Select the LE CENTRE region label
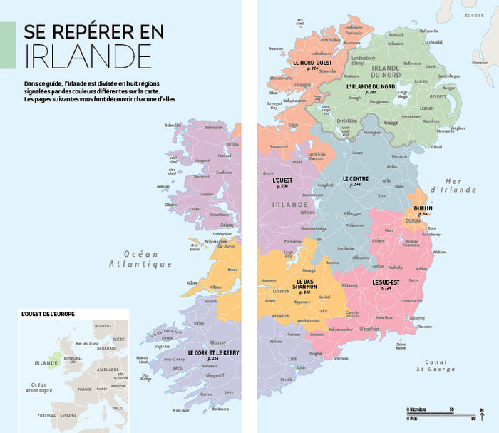coord(355,178)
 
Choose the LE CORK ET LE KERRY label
coord(213,352)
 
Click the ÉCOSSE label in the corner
coord(474,15)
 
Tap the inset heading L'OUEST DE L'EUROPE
coord(48,314)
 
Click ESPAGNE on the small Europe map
coord(68,414)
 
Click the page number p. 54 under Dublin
coord(423,214)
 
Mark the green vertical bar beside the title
coord(7,45)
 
